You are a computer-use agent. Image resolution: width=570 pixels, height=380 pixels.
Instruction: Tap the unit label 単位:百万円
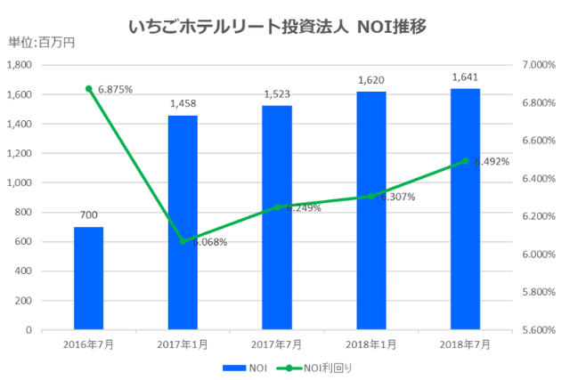coord(41,43)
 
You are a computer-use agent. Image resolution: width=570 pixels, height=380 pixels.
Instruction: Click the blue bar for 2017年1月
coord(183,222)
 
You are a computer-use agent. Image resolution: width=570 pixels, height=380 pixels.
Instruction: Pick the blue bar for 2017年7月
coord(277,218)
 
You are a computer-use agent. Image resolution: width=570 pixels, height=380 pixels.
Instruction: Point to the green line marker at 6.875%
coord(88,89)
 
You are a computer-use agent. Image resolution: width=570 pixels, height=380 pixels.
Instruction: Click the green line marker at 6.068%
coord(183,241)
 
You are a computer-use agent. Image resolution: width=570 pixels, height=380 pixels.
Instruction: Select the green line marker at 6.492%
coord(465,161)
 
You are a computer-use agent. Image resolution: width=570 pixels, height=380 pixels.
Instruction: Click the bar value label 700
coord(88,214)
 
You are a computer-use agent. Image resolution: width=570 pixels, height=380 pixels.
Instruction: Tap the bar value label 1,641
coord(465,77)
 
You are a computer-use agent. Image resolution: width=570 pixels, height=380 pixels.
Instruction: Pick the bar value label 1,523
coord(277,93)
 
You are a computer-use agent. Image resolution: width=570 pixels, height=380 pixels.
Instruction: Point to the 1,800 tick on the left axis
coord(19,65)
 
